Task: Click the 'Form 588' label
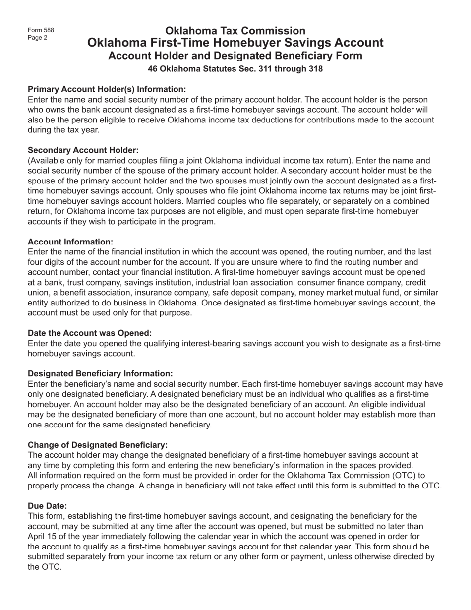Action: (x=41, y=30)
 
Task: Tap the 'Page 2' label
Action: (x=38, y=37)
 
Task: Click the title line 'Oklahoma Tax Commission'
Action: (x=235, y=31)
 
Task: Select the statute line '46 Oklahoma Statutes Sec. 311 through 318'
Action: (x=235, y=69)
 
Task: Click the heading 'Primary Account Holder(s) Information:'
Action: (x=107, y=89)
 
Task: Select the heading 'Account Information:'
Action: (x=70, y=242)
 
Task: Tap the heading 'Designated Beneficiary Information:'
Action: (x=100, y=374)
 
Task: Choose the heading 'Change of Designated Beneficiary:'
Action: (x=98, y=445)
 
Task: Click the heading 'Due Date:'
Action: (x=47, y=506)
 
